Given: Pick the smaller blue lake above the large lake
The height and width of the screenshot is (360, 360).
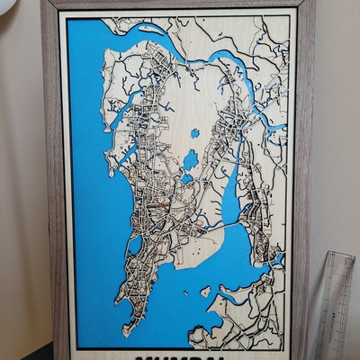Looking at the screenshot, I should tap(194, 134).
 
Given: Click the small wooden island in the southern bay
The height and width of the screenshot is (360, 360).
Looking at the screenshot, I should tap(206, 292).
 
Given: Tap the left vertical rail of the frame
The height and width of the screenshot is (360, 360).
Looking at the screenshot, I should tap(52, 180).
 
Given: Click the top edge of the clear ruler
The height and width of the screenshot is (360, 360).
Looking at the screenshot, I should tap(333, 256).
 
